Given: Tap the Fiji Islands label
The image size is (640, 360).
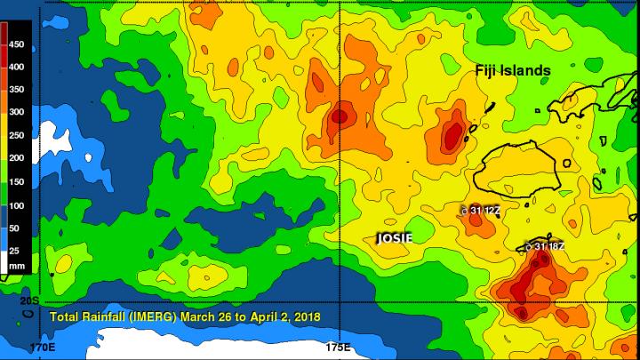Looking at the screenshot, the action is click(x=511, y=70).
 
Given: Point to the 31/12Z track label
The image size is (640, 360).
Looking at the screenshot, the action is click(x=482, y=210).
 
